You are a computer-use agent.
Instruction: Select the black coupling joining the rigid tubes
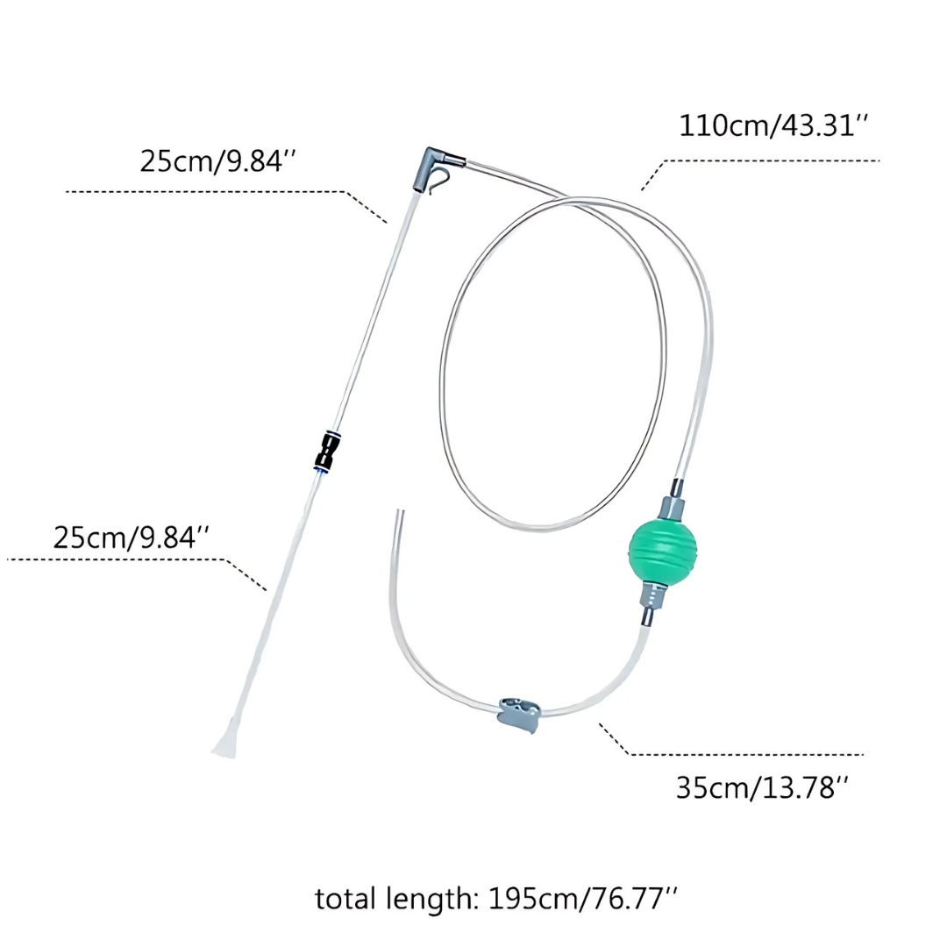(327, 452)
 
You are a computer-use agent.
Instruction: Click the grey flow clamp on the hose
(519, 715)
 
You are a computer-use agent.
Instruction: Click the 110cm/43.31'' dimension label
(773, 126)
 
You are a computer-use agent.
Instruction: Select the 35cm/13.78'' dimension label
(762, 787)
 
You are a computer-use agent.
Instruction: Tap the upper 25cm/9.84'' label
(218, 161)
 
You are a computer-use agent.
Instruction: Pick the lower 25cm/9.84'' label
(131, 537)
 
